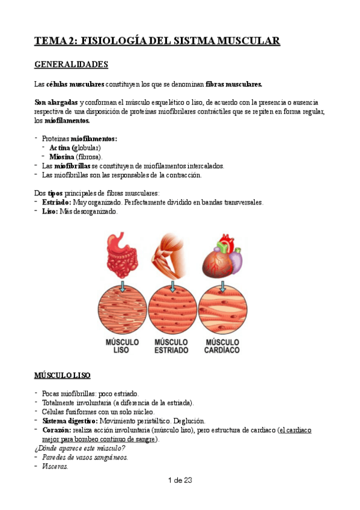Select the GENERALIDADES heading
71,64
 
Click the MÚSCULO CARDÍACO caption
222,346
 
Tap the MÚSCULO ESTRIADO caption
172,346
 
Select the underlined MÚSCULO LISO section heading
63,376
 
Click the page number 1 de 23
179,481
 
